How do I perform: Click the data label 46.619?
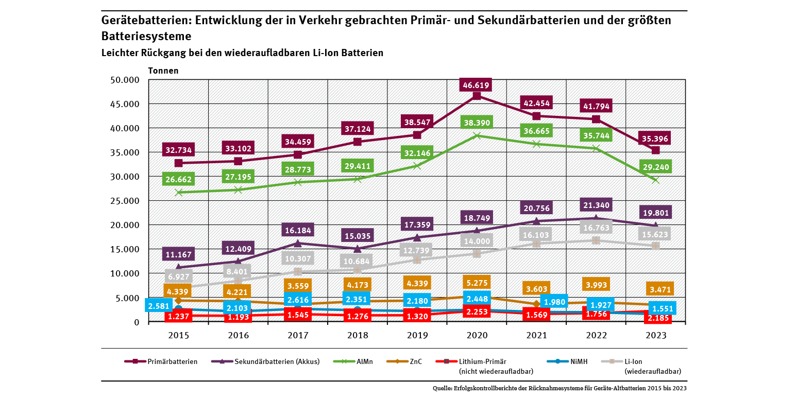coord(477,85)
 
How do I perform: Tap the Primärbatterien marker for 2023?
coord(656,150)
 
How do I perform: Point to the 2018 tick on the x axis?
coord(358,335)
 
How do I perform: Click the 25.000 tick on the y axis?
coord(125,201)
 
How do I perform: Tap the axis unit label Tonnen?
coord(163,71)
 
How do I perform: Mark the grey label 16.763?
coord(596,227)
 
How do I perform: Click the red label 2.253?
coord(477,311)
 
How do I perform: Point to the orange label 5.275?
coord(477,282)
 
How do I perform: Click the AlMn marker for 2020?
coord(477,136)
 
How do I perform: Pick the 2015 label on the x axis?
coord(178,335)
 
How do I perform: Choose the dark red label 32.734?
coord(178,150)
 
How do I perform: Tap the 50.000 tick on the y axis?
coord(125,80)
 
